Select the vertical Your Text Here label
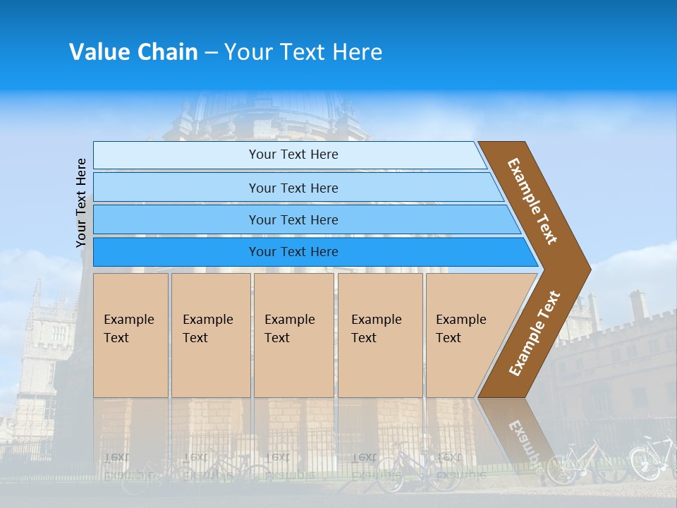[x=81, y=202]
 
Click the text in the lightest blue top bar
[x=293, y=155]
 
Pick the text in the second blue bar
[x=293, y=188]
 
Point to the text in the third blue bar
[x=293, y=220]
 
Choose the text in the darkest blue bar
[x=293, y=252]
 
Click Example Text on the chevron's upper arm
[x=533, y=201]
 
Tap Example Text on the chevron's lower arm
[x=535, y=334]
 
